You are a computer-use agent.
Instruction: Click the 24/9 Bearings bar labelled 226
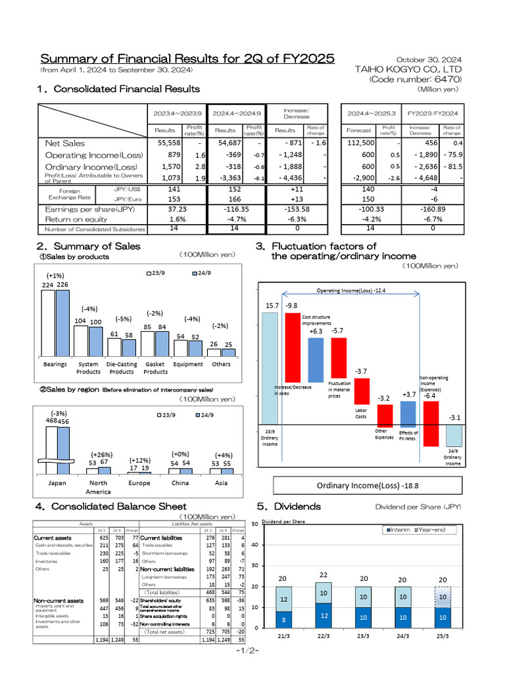tap(62, 323)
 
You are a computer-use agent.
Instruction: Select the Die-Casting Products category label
tap(121, 368)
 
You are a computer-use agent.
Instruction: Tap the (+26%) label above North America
tap(101, 455)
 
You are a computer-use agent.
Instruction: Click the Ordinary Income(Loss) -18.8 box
tap(358, 485)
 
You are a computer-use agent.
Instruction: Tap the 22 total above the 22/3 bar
tap(324, 575)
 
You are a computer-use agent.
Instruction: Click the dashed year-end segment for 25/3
tap(443, 597)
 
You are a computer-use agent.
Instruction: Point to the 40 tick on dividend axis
tap(254, 545)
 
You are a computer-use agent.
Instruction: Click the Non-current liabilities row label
tap(168, 569)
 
